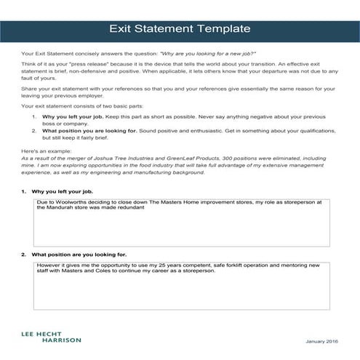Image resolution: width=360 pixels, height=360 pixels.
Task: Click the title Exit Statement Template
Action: click(180, 30)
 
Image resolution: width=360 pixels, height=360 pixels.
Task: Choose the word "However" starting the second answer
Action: click(47, 265)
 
